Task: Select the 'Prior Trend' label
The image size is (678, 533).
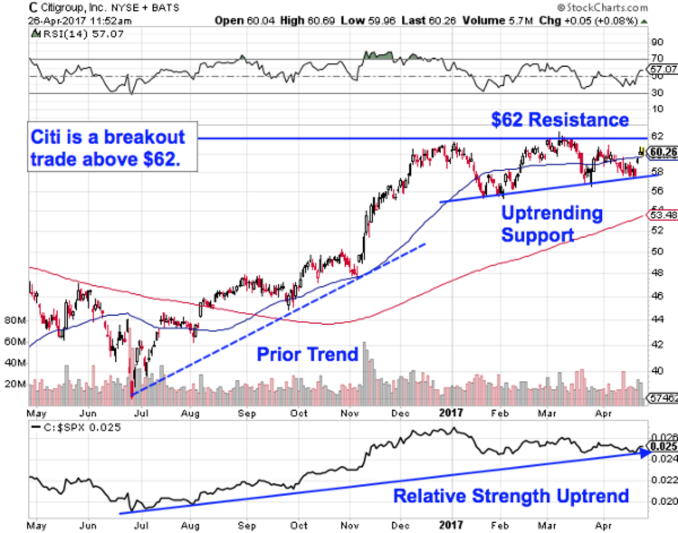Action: [308, 355]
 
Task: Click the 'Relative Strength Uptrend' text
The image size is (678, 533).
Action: [511, 497]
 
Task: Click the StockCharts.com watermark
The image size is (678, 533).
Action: [601, 7]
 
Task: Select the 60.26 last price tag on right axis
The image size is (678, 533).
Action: [663, 152]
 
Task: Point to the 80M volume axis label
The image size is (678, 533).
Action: [15, 321]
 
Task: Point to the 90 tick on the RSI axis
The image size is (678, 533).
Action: [657, 42]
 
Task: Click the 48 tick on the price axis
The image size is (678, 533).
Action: [656, 273]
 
